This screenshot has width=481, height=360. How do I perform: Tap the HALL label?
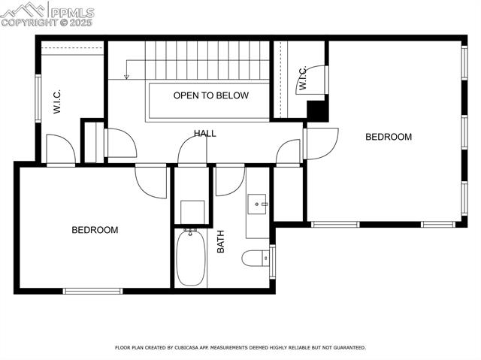pyautogui.click(x=204, y=134)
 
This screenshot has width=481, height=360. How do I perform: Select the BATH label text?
pyautogui.click(x=221, y=241)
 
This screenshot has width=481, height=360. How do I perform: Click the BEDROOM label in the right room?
pyautogui.click(x=389, y=137)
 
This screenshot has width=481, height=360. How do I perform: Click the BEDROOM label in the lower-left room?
pyautogui.click(x=95, y=230)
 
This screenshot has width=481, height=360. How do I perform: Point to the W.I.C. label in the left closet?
pyautogui.click(x=57, y=101)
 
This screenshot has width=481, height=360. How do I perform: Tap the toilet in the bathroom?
pyautogui.click(x=254, y=259)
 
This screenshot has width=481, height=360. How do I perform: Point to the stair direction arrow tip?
pyautogui.click(x=127, y=77)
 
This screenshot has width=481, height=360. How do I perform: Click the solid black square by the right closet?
pyautogui.click(x=317, y=110)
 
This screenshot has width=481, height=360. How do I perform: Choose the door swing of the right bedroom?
pyautogui.click(x=321, y=143)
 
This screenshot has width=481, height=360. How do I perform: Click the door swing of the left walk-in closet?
pyautogui.click(x=60, y=149)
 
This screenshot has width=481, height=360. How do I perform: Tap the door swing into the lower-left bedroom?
pyautogui.click(x=152, y=182)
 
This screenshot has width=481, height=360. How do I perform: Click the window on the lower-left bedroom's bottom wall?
pyautogui.click(x=92, y=291)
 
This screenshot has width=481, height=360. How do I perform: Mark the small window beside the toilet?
pyautogui.click(x=272, y=261)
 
